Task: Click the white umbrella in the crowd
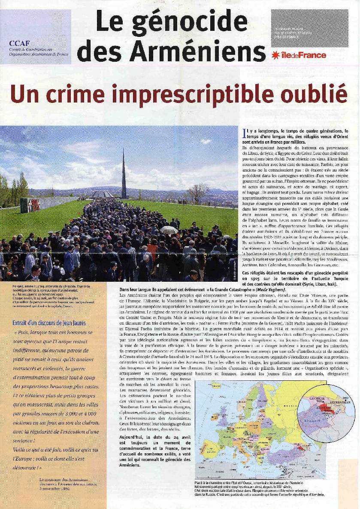[169, 230]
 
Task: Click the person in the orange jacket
[152, 249]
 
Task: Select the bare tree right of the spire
[198, 193]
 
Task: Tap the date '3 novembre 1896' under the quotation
[53, 488]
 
